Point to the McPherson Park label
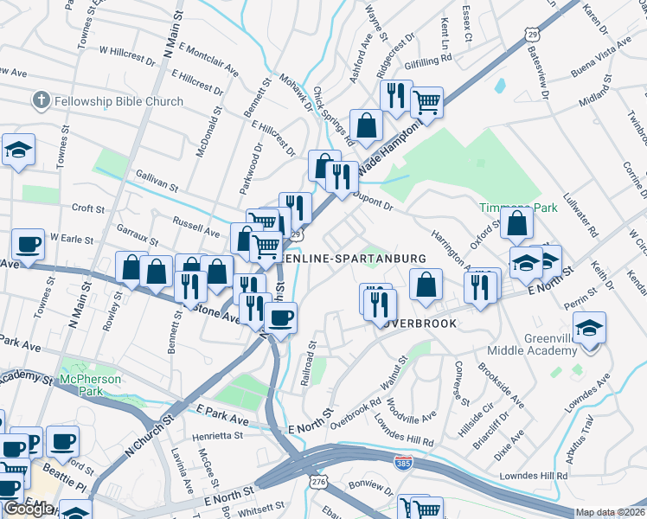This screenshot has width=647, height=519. [90, 386]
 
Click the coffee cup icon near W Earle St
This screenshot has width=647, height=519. [28, 245]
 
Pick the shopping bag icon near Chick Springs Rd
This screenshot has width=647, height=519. [367, 125]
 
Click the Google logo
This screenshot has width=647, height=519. [29, 509]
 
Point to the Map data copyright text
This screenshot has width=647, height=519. [611, 512]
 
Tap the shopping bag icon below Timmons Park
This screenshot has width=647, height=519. [516, 224]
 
